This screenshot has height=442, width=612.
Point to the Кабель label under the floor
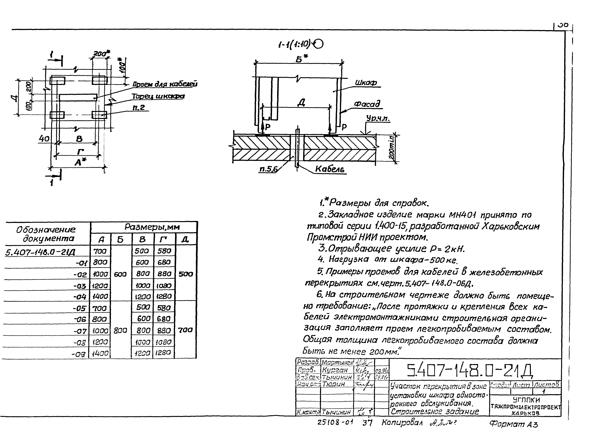[330, 169]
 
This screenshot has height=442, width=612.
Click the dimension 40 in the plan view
[44, 139]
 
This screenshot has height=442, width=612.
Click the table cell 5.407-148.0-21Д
[40, 252]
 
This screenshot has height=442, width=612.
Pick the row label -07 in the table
[80, 331]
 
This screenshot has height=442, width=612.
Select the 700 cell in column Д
[186, 330]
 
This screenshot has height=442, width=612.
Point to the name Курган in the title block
[335, 370]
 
